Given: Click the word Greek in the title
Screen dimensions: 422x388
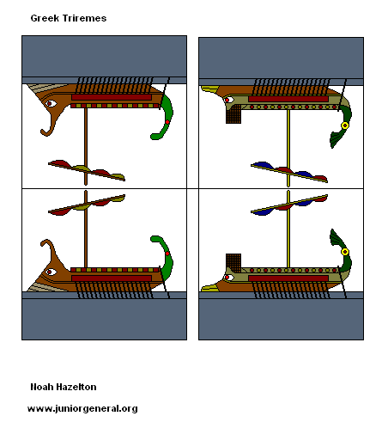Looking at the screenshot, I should pos(45,17).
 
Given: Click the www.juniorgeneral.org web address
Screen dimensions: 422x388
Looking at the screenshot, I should pos(82,408).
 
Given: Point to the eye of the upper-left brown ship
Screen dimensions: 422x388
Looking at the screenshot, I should pos(52,104).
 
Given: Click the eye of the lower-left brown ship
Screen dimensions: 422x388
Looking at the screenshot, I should pos(52,272).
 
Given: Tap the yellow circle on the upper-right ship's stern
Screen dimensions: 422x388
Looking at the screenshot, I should pos(344,125).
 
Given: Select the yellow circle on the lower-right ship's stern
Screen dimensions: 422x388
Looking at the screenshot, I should pos(344,252).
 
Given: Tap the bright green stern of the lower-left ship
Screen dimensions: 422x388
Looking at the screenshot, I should pos(165,258).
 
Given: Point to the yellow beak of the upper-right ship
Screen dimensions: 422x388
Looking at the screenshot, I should pos(209,89).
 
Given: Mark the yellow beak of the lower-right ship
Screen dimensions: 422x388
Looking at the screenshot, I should pos(209,288).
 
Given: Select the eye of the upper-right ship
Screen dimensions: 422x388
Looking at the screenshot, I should pos(227,100).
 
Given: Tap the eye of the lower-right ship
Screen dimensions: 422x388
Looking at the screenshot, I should pos(228,277).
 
